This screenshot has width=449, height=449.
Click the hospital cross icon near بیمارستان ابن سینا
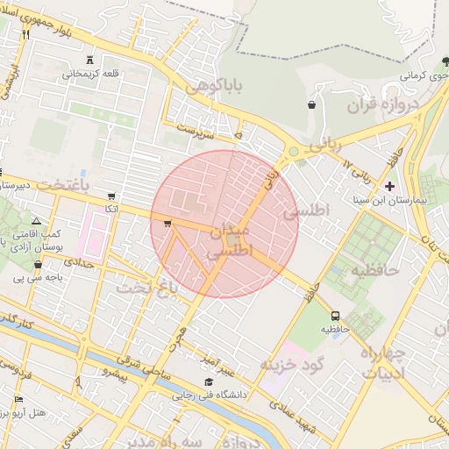pos(389,186)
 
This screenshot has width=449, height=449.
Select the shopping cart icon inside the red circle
pos(167,224)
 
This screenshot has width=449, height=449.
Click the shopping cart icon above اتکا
pos(110,196)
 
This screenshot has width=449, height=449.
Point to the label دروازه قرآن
pos(383,106)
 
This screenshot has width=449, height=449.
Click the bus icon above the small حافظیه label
pos(335,316)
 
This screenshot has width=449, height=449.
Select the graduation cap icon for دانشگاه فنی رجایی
pos(209,381)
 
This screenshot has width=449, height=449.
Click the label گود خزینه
pos(293,363)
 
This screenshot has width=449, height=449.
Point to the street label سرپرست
pos(197,130)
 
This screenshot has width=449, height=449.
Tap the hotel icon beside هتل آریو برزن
pos(18,400)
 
